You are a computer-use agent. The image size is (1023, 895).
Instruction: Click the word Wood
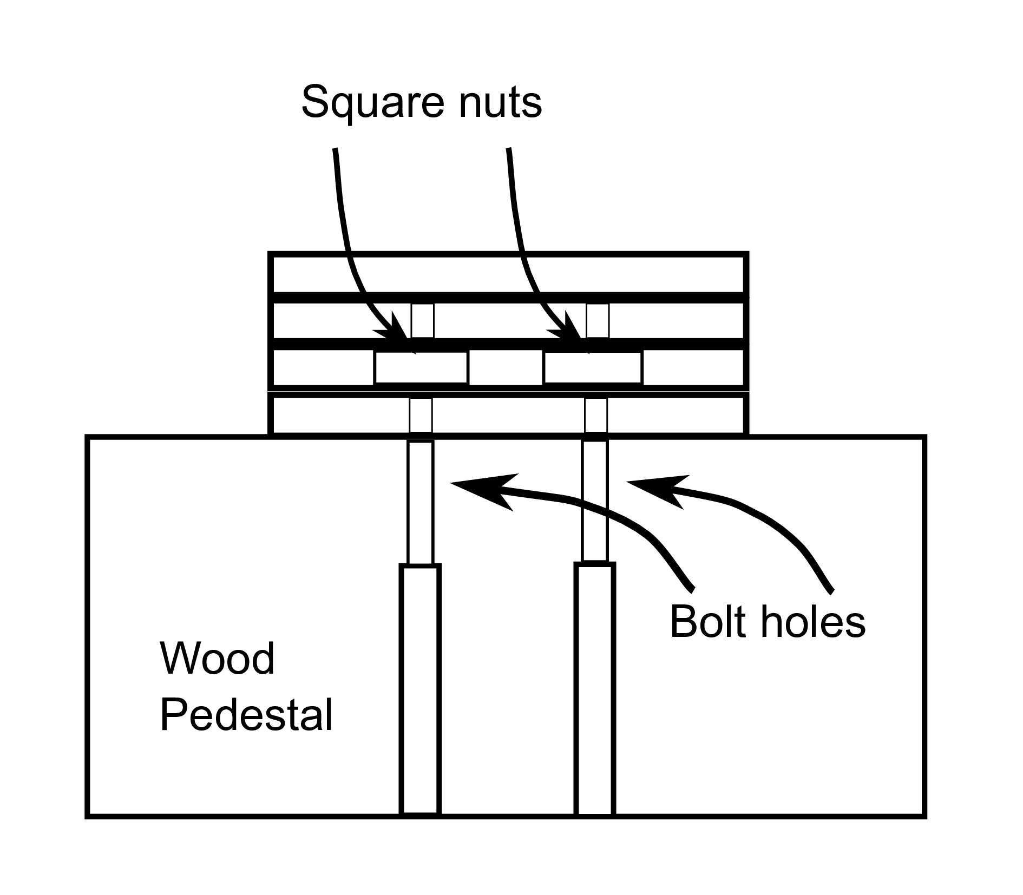click(217, 659)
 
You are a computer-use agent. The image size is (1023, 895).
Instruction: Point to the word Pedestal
click(246, 715)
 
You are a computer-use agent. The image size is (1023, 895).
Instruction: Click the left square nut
click(421, 367)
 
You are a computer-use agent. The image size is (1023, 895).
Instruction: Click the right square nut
click(593, 367)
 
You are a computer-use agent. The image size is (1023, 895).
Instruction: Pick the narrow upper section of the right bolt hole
click(595, 501)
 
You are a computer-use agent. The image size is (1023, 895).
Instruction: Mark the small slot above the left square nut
click(422, 320)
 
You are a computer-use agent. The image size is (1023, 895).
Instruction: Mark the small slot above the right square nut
click(598, 320)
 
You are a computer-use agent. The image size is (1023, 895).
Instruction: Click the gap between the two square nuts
click(506, 367)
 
